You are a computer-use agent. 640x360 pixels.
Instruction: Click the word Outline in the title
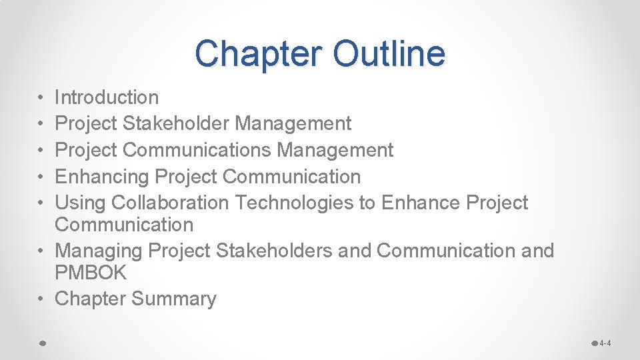click(389, 53)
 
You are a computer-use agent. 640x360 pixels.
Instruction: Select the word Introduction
click(107, 97)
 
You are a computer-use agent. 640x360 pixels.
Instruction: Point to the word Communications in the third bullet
click(197, 150)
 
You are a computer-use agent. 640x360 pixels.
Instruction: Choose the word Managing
click(98, 251)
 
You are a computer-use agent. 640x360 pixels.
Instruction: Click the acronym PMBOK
click(91, 273)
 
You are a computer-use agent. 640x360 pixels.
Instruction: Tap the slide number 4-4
click(605, 343)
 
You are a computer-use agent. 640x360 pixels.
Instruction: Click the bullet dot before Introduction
click(41, 98)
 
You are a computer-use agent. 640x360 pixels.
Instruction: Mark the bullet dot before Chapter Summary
click(41, 299)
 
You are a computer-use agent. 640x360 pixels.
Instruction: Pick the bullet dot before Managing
click(41, 251)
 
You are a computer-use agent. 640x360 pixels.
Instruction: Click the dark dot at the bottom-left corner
click(41, 343)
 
